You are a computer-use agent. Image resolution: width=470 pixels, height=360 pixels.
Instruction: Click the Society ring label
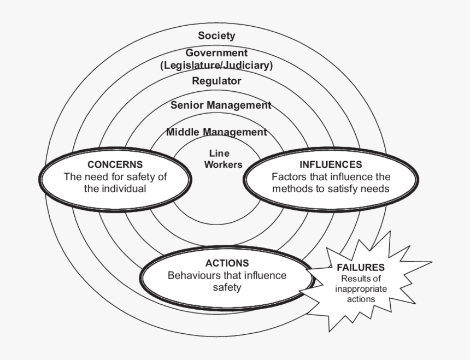[216, 36]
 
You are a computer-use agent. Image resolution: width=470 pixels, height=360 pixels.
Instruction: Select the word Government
[216, 53]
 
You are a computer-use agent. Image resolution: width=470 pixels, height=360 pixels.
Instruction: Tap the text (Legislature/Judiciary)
[216, 66]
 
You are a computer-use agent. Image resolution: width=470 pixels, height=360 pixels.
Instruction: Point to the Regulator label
[216, 81]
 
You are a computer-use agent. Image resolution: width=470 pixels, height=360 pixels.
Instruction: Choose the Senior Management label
[221, 105]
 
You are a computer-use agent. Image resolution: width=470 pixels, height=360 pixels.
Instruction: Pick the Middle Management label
[216, 132]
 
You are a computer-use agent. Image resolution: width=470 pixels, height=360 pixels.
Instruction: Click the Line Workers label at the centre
[223, 159]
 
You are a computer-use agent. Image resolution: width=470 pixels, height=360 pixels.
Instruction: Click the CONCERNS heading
[115, 164]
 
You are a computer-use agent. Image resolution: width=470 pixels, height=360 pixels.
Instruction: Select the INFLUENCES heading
[330, 164]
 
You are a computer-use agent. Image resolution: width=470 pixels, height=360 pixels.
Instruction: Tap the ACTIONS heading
[227, 263]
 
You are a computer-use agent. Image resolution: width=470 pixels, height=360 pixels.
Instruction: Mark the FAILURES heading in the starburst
[361, 268]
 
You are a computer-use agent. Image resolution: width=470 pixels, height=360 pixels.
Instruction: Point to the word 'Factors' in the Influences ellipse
[288, 177]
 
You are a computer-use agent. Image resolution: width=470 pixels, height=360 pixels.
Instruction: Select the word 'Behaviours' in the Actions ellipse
[192, 275]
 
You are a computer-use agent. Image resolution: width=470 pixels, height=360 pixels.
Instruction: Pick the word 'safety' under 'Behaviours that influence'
[227, 287]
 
